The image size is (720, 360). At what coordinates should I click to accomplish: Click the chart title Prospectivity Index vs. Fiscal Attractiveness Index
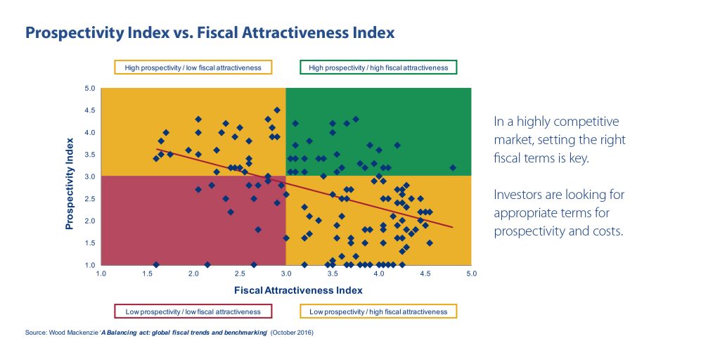click(210, 32)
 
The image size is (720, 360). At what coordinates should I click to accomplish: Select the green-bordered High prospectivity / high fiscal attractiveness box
click(378, 67)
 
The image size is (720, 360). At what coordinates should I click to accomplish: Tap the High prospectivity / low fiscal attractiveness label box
click(193, 67)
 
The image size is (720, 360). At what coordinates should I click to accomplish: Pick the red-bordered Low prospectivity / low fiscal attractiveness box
click(193, 311)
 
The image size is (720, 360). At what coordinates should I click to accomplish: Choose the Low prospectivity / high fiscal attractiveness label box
click(378, 311)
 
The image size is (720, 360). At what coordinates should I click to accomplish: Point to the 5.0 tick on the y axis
click(90, 89)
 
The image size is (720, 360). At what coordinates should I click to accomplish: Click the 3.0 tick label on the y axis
click(90, 176)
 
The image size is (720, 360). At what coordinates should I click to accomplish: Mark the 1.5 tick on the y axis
click(90, 243)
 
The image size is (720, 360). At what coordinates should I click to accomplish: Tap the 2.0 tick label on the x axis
click(194, 273)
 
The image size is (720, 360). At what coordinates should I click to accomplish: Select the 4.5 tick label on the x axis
click(425, 273)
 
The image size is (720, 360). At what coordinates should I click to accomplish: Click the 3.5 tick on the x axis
click(333, 273)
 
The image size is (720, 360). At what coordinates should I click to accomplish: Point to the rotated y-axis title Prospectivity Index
click(70, 176)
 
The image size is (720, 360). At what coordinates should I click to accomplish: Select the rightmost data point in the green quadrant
click(453, 168)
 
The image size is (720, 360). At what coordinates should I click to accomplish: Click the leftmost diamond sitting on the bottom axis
click(156, 265)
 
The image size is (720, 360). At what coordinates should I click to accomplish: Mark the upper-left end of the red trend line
click(157, 149)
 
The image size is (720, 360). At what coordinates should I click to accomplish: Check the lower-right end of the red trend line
click(452, 227)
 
